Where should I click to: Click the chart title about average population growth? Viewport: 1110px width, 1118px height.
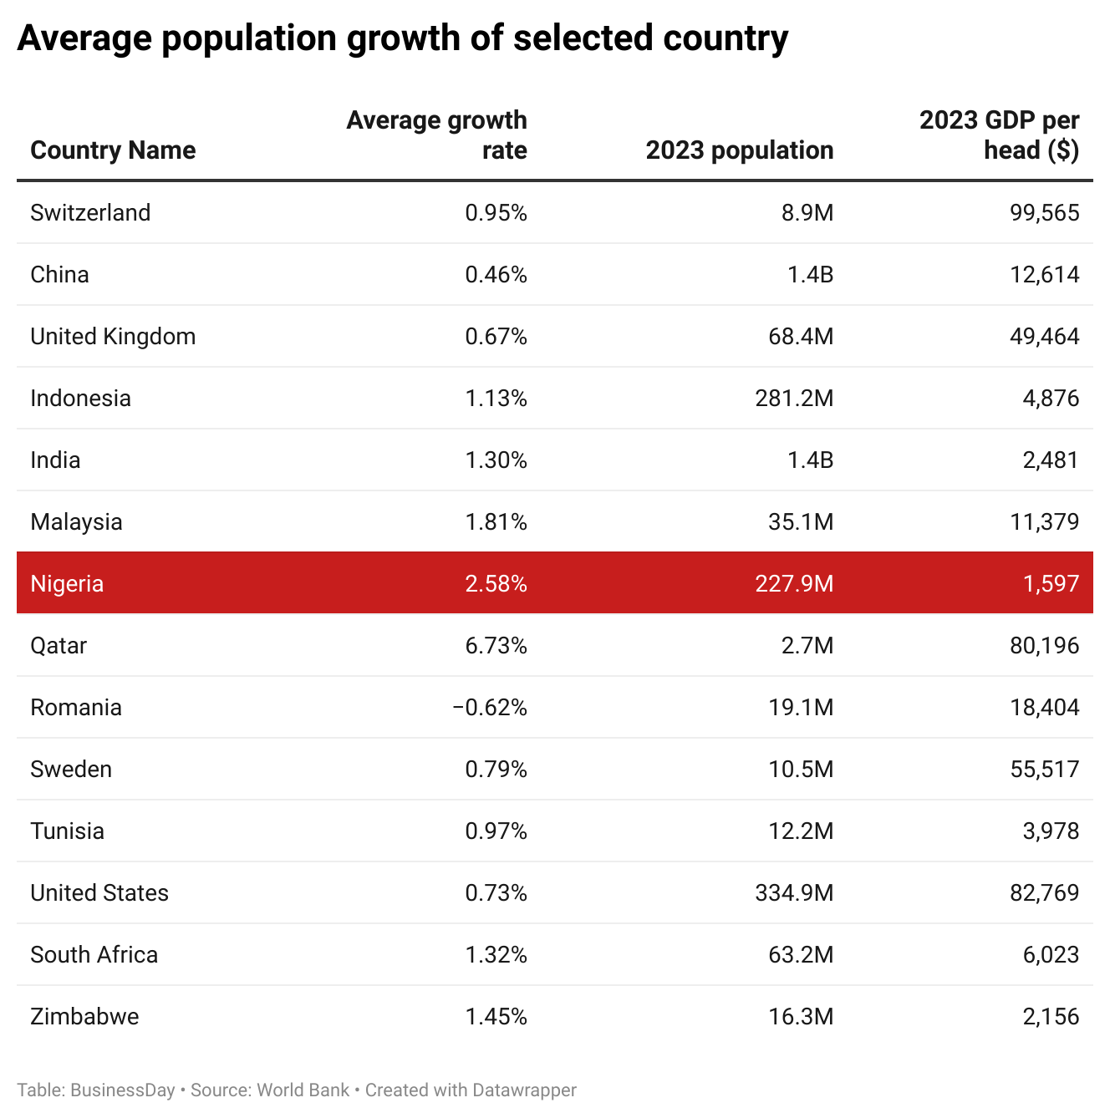402,38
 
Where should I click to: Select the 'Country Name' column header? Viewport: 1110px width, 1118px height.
113,150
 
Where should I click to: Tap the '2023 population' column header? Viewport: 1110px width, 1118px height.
739,150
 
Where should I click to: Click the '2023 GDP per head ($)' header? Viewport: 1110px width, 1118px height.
999,135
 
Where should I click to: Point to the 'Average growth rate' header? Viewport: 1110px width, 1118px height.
436,135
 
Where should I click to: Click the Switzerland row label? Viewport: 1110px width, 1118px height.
90,213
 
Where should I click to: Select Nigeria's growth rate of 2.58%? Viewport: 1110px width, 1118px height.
496,583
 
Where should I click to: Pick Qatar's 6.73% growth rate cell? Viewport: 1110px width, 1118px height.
496,645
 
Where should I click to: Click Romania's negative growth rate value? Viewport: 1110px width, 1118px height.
490,707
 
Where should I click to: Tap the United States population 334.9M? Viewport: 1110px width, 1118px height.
794,892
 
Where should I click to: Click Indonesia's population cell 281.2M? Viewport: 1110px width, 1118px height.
794,398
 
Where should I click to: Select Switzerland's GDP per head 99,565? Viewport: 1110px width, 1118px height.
1044,213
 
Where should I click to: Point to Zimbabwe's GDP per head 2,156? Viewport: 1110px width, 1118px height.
1051,1016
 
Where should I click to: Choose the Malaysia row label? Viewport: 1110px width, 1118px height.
76,522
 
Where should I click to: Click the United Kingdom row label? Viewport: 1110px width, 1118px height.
113,337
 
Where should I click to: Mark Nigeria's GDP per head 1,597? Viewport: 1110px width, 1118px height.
1051,583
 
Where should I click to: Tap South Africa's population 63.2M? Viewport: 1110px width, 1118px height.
801,954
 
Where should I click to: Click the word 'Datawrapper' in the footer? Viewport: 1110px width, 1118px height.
524,1090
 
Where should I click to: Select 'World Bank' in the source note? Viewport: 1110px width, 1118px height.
303,1090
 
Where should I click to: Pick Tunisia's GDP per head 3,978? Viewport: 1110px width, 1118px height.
1051,831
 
